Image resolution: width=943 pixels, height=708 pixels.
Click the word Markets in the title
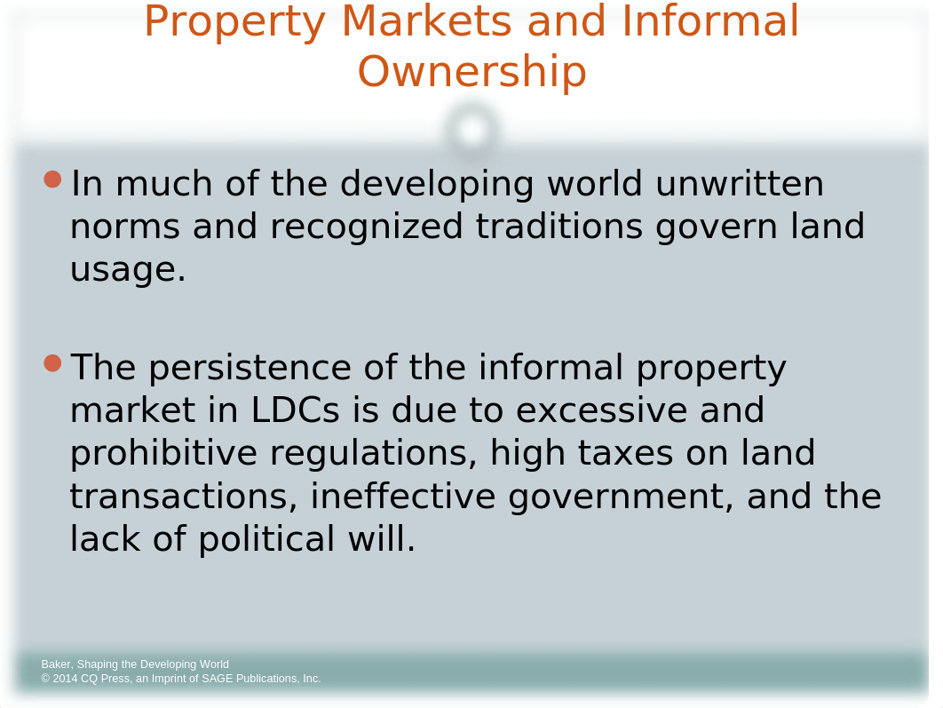pyautogui.click(x=426, y=20)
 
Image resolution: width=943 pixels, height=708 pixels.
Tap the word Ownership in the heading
pyautogui.click(x=472, y=72)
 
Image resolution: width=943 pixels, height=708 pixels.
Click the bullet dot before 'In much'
pyautogui.click(x=53, y=179)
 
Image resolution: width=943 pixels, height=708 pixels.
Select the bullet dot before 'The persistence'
pyautogui.click(x=53, y=363)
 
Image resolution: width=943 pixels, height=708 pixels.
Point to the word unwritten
pyautogui.click(x=740, y=184)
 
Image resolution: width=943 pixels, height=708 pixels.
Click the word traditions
pyautogui.click(x=559, y=227)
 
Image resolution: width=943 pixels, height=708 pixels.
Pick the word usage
pyautogui.click(x=128, y=270)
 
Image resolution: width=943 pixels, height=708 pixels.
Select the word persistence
pyautogui.click(x=250, y=368)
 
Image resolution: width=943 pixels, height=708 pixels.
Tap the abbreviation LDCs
pyautogui.click(x=296, y=410)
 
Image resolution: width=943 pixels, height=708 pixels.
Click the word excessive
pyautogui.click(x=601, y=410)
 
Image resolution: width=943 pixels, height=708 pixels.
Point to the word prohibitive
pyautogui.click(x=163, y=453)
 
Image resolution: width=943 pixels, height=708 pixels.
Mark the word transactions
pyautogui.click(x=184, y=497)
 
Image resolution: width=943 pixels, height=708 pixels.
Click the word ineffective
pyautogui.click(x=403, y=497)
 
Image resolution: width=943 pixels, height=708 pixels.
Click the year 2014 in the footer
pyautogui.click(x=65, y=679)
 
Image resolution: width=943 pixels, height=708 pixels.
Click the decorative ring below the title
pyautogui.click(x=472, y=113)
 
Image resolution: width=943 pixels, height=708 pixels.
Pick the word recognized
pyautogui.click(x=366, y=227)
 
